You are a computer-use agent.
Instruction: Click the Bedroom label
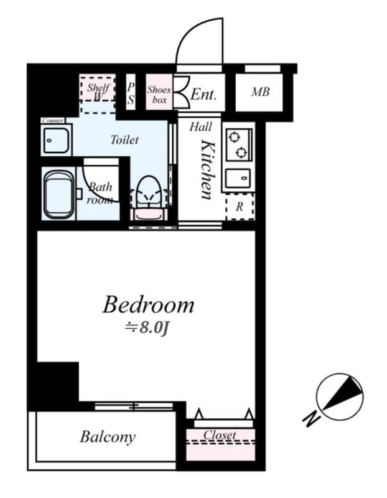pyautogui.click(x=148, y=305)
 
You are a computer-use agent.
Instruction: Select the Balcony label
pyautogui.click(x=107, y=436)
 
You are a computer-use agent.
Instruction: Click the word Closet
pyautogui.click(x=220, y=435)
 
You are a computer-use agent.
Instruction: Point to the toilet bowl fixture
pyautogui.click(x=148, y=193)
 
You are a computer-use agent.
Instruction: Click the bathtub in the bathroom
pyautogui.click(x=59, y=194)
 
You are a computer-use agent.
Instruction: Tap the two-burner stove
pyautogui.click(x=238, y=144)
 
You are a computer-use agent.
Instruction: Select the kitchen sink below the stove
pyautogui.click(x=238, y=178)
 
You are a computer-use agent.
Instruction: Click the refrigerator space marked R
pyautogui.click(x=240, y=207)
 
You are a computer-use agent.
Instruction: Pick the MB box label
pyautogui.click(x=260, y=93)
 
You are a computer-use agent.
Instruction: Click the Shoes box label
pyautogui.click(x=159, y=94)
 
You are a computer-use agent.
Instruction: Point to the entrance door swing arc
pyautogui.click(x=198, y=41)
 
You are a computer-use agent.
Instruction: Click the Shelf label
pyautogui.click(x=98, y=88)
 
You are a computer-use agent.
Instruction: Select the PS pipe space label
pyautogui.click(x=131, y=93)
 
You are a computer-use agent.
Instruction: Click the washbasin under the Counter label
pyautogui.click(x=56, y=139)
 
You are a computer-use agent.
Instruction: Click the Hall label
pyautogui.click(x=200, y=127)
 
